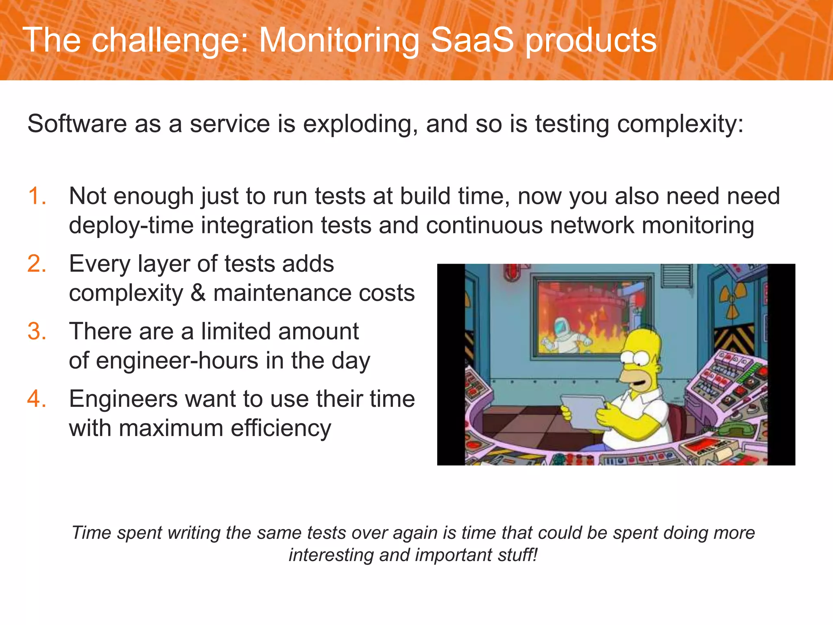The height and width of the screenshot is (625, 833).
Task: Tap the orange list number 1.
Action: click(x=37, y=196)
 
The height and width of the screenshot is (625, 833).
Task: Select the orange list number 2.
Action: click(x=37, y=264)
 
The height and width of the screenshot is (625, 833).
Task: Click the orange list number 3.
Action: click(x=37, y=331)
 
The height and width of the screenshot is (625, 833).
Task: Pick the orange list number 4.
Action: click(x=37, y=399)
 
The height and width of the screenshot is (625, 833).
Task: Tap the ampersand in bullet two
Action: click(x=198, y=293)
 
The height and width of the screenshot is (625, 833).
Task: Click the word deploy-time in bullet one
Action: click(x=131, y=225)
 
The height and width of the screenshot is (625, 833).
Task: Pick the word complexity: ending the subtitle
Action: click(x=680, y=124)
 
